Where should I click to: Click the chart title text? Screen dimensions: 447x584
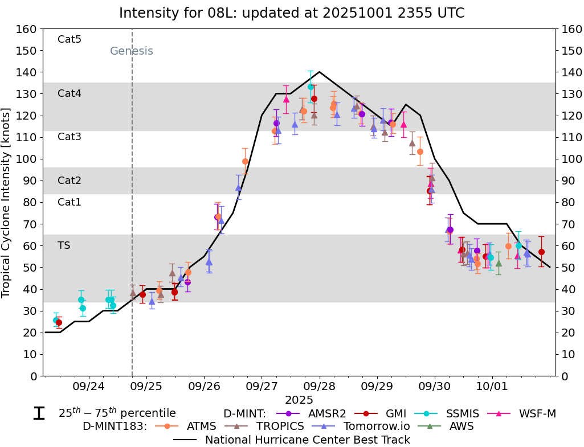pos(292,13)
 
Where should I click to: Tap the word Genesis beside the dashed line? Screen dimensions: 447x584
pos(131,51)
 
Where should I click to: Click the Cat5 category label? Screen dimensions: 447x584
pos(70,39)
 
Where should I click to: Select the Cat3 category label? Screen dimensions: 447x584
pos(70,137)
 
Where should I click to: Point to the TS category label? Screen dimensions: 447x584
pos(63,245)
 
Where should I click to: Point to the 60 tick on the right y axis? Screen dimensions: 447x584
pos(567,246)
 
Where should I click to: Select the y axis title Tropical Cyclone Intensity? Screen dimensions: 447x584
pos(7,202)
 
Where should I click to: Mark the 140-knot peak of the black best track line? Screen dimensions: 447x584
pos(319,72)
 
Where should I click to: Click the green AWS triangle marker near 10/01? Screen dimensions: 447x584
pos(499,263)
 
